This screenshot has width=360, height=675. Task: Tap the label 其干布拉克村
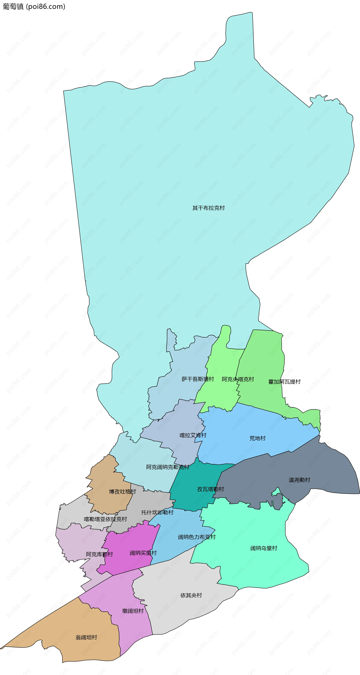(208, 208)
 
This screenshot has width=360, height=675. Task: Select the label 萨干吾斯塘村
(198, 379)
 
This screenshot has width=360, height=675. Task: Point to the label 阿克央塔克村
(238, 379)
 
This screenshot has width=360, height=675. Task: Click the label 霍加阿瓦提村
(284, 382)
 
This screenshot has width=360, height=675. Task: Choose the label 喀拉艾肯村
(193, 435)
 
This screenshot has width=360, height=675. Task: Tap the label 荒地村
(257, 438)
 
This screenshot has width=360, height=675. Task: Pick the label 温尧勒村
(299, 480)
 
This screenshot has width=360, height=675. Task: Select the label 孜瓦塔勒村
(211, 489)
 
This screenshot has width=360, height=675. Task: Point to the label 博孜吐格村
(122, 491)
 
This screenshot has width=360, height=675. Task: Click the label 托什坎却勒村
(157, 512)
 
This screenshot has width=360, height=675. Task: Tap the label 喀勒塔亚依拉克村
(105, 519)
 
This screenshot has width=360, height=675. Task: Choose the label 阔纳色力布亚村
(197, 537)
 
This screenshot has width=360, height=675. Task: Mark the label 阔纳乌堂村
(264, 548)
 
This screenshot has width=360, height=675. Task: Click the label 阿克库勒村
(99, 554)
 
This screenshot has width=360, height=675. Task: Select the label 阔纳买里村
(143, 553)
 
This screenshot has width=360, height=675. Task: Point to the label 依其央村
(191, 595)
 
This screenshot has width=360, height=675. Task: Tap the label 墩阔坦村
(133, 611)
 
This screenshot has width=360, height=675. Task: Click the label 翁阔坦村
(86, 637)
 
